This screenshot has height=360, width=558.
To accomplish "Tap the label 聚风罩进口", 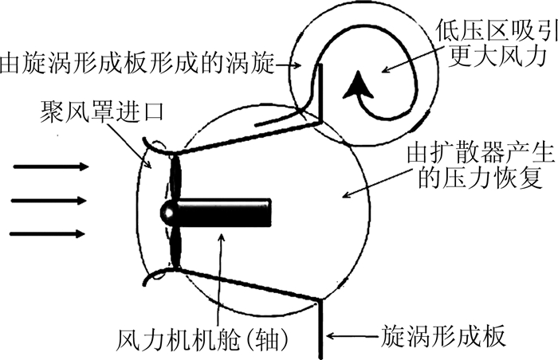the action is tap(99, 112).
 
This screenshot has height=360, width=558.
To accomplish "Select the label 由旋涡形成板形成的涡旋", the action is tap(136, 61).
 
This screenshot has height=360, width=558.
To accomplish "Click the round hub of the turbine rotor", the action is tap(170, 213).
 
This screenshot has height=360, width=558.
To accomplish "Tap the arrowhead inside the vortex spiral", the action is tap(353, 84).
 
